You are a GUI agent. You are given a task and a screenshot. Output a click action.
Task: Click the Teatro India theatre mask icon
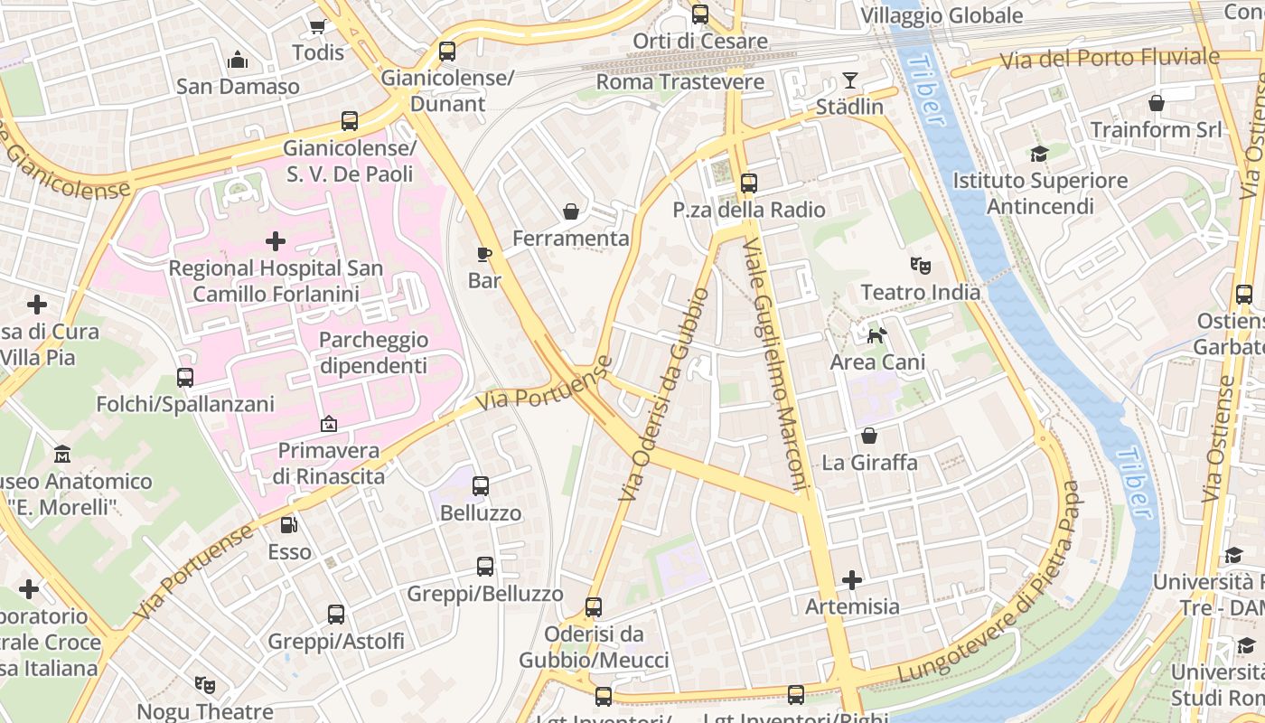[x=921, y=266]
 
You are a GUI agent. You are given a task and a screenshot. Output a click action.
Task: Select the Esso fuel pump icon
[x=288, y=524]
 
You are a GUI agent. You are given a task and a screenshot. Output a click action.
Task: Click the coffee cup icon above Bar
[x=484, y=254]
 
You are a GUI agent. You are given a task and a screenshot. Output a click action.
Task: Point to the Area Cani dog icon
[x=876, y=336]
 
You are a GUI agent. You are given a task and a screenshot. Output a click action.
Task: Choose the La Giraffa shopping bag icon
[x=869, y=437]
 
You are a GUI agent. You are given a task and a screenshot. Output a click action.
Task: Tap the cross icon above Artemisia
[x=851, y=579]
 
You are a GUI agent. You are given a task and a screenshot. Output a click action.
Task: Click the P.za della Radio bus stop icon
[x=748, y=183]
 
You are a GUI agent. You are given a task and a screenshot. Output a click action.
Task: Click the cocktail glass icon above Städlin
[x=850, y=80]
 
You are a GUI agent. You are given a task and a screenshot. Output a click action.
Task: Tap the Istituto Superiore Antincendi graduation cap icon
[x=1039, y=154]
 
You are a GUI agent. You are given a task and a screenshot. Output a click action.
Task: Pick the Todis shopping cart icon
[x=318, y=26]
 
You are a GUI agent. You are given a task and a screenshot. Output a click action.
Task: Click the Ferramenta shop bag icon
[x=571, y=211]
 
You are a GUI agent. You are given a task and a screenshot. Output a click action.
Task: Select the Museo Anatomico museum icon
[x=62, y=454]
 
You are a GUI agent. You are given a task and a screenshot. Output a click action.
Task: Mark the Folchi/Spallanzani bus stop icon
[x=185, y=377]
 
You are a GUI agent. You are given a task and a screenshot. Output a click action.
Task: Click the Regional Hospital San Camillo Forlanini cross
[x=276, y=241]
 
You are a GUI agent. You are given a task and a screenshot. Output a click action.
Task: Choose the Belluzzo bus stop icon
[x=481, y=486]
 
